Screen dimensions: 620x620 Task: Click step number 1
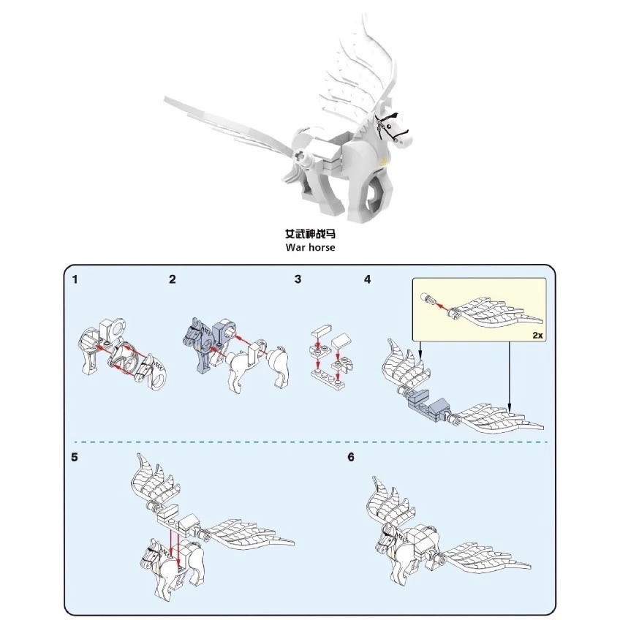point(75,279)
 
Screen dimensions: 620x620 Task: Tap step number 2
point(173,279)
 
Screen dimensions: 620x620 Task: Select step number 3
point(298,279)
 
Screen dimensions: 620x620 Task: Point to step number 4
point(368,279)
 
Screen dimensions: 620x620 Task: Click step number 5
point(75,457)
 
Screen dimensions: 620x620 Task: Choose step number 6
point(351,457)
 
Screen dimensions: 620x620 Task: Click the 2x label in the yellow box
point(538,336)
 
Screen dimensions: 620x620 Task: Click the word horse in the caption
point(322,248)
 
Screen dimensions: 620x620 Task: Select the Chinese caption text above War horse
point(311,234)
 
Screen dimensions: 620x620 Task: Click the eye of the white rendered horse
point(390,126)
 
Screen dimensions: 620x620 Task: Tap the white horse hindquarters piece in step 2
point(278,366)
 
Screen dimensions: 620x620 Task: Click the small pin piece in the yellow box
point(427,298)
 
